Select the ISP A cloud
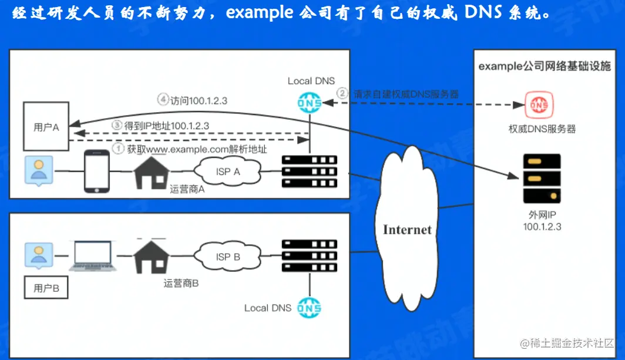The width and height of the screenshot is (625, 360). (229, 171)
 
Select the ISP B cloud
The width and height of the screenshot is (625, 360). (229, 257)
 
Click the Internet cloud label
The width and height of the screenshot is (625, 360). (407, 229)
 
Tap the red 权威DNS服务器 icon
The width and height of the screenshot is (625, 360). (536, 105)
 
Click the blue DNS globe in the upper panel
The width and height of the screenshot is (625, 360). (310, 103)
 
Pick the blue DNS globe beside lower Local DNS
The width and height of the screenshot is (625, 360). (309, 308)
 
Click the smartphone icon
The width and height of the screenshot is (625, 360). (97, 171)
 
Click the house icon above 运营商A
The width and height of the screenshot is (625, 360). (152, 171)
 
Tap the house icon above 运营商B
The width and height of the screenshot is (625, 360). (152, 257)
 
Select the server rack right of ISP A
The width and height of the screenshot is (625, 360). (310, 171)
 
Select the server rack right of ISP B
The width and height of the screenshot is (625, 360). (310, 255)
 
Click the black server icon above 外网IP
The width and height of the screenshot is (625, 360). (541, 178)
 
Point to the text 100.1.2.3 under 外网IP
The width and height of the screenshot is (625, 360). (542, 226)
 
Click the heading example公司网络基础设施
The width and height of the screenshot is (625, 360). (544, 66)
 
